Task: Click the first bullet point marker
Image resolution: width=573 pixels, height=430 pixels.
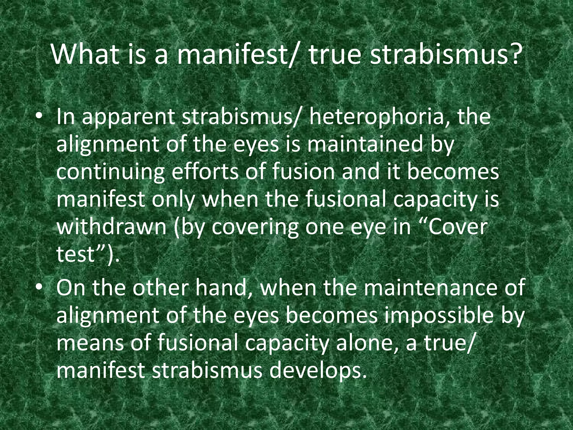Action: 40,118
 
